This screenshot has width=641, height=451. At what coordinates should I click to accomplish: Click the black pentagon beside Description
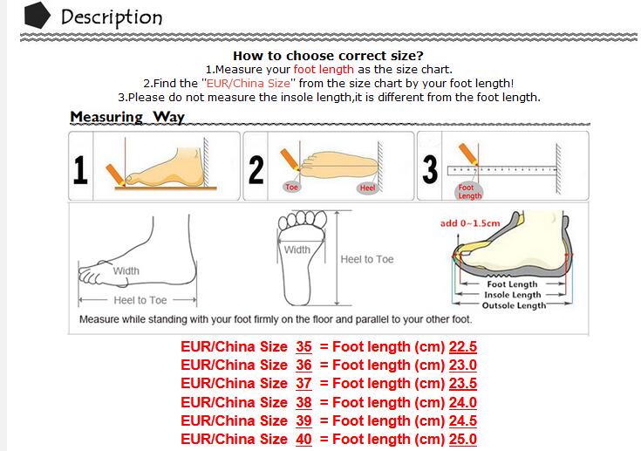pyautogui.click(x=38, y=15)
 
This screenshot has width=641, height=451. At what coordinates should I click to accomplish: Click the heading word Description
pyautogui.click(x=112, y=17)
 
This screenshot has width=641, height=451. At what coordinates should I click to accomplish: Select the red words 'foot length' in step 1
pyautogui.click(x=324, y=70)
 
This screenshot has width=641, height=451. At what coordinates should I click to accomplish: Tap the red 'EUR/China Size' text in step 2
pyautogui.click(x=249, y=84)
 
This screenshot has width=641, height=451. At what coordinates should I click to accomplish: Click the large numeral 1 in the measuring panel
pyautogui.click(x=80, y=170)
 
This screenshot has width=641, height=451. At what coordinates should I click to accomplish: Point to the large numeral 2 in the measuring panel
pyautogui.click(x=256, y=170)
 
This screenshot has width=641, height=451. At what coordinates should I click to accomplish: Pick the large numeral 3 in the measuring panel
pyautogui.click(x=430, y=169)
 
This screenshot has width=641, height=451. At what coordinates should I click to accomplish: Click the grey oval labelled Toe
pyautogui.click(x=291, y=188)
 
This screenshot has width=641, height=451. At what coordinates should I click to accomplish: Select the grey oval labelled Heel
pyautogui.click(x=367, y=188)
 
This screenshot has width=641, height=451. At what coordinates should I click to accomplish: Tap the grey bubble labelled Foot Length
pyautogui.click(x=469, y=191)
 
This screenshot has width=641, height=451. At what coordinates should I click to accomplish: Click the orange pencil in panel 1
pyautogui.click(x=116, y=175)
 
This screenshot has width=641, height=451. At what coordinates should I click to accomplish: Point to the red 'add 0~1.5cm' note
pyautogui.click(x=470, y=223)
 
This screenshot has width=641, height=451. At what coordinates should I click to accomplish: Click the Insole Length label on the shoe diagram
pyautogui.click(x=512, y=295)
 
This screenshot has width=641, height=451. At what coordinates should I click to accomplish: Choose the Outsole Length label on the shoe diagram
pyautogui.click(x=514, y=305)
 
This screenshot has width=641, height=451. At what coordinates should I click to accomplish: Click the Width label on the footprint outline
pyautogui.click(x=297, y=249)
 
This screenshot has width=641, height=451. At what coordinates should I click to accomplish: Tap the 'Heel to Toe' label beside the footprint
pyautogui.click(x=367, y=259)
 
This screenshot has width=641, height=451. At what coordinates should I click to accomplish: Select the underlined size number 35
pyautogui.click(x=303, y=346)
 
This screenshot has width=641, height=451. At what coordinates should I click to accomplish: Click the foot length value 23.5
pyautogui.click(x=463, y=384)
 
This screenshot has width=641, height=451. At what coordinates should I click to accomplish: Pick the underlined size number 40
pyautogui.click(x=303, y=439)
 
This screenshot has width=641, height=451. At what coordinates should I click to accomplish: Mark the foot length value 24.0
pyautogui.click(x=463, y=402)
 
